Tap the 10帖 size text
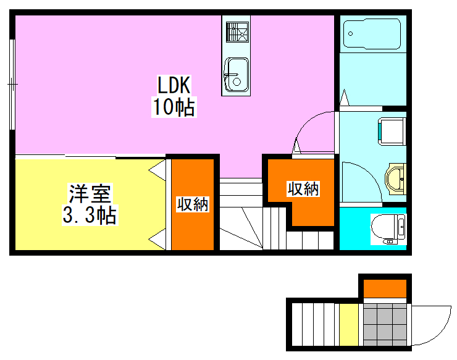pyautogui.click(x=174, y=107)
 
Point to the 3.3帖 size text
pyautogui.click(x=90, y=216)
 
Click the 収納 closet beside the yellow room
pyautogui.click(x=192, y=204)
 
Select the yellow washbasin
pyautogui.click(x=395, y=178)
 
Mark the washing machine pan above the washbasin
pyautogui.click(x=391, y=130)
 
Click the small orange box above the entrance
pyautogui.click(x=385, y=288)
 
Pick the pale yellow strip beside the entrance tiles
pyautogui.click(x=349, y=324)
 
